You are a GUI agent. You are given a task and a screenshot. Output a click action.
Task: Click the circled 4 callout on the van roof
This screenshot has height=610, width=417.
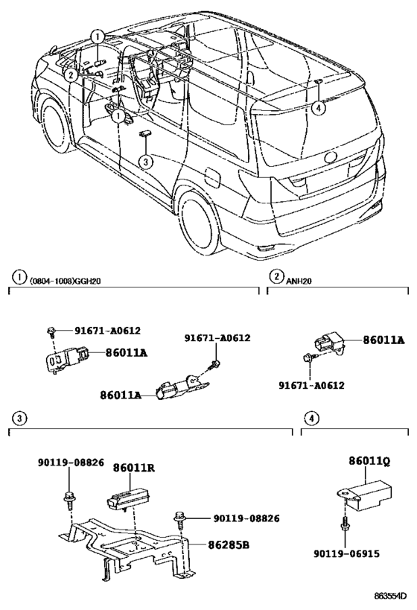[318, 109]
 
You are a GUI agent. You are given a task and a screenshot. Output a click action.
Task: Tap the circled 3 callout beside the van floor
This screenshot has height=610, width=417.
[146, 160]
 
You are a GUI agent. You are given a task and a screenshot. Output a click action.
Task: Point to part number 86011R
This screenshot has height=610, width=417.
[134, 468]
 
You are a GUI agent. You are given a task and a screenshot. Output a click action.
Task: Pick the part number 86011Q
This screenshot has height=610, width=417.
[369, 461]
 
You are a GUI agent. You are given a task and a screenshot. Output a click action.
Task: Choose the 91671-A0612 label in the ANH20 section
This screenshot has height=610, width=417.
[311, 385]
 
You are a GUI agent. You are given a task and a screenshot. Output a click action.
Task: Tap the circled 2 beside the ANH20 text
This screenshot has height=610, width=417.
[276, 277]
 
